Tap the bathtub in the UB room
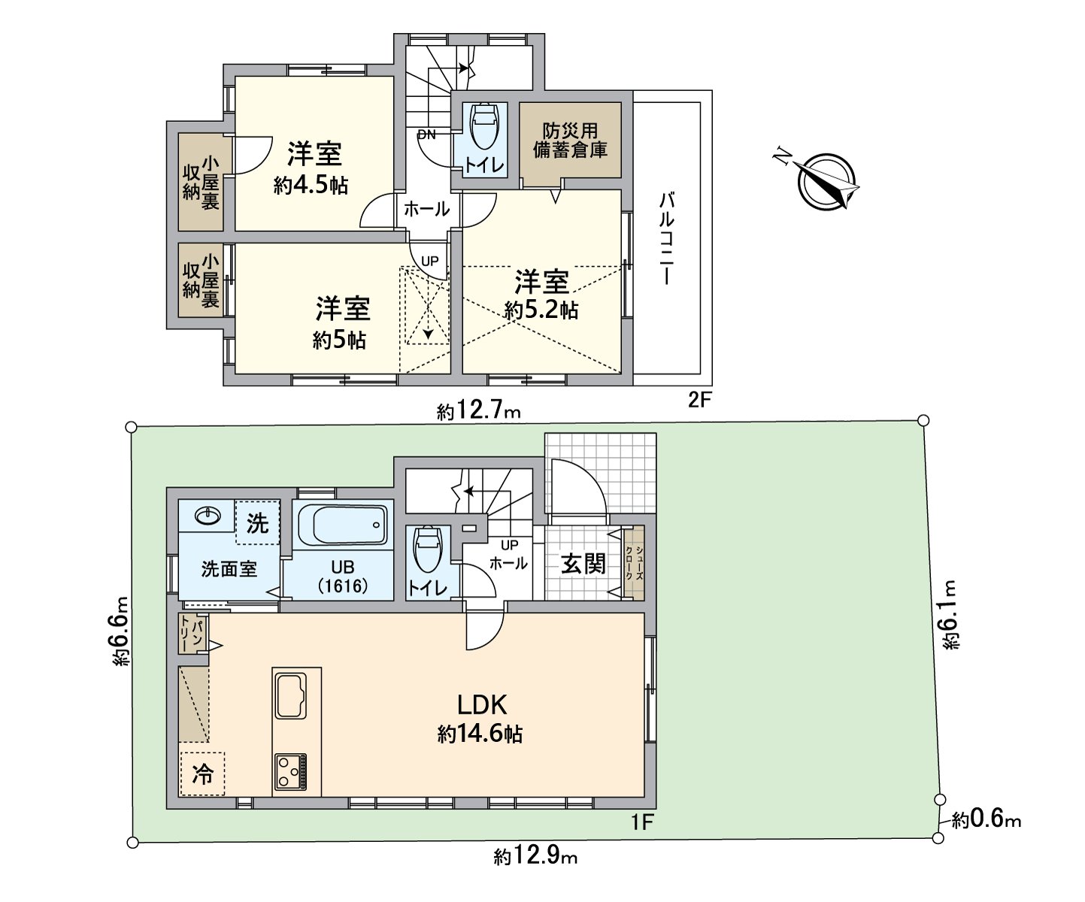343,525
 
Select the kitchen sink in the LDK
291,696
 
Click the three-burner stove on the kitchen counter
290,771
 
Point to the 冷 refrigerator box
202,773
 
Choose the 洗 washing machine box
257,522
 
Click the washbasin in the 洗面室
208,516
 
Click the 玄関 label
583,563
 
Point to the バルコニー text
667,239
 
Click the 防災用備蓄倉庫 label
571,140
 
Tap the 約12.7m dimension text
478,412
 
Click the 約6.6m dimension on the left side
119,632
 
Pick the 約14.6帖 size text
480,734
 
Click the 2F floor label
699,400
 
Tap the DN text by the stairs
426,135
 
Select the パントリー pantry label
192,634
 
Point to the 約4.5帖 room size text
311,185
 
